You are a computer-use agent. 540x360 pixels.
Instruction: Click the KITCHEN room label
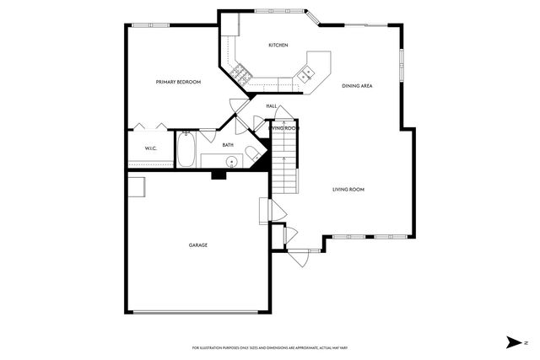click(278, 45)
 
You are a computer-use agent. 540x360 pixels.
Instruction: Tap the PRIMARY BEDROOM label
click(178, 82)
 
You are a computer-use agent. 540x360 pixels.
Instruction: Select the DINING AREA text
click(357, 86)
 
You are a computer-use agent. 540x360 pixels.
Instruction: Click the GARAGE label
click(198, 245)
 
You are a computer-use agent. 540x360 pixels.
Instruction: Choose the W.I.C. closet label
click(151, 149)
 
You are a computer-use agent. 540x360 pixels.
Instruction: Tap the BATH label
click(228, 145)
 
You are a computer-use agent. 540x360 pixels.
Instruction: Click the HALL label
click(272, 106)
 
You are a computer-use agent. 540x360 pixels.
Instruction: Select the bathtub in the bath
click(186, 150)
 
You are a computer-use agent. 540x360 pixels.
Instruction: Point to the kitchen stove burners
click(240, 74)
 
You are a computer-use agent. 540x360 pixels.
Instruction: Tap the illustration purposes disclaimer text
click(270, 347)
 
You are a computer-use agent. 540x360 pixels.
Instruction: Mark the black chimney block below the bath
click(219, 175)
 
